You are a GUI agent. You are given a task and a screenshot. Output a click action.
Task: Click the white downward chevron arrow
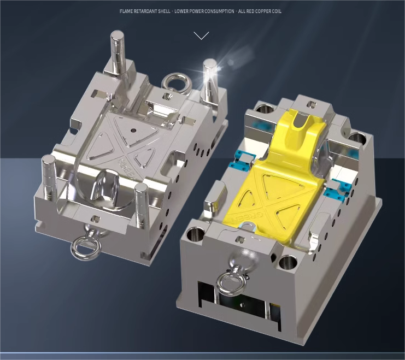pyautogui.click(x=201, y=36)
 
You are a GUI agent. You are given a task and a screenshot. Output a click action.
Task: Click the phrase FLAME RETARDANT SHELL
pyautogui.click(x=145, y=11)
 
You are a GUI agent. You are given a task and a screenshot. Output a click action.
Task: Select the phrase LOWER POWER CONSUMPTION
pyautogui.click(x=204, y=11)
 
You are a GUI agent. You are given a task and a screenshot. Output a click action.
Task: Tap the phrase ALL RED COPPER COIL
pyautogui.click(x=260, y=11)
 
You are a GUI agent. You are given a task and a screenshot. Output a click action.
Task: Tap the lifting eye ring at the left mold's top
pyautogui.click(x=175, y=83)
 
